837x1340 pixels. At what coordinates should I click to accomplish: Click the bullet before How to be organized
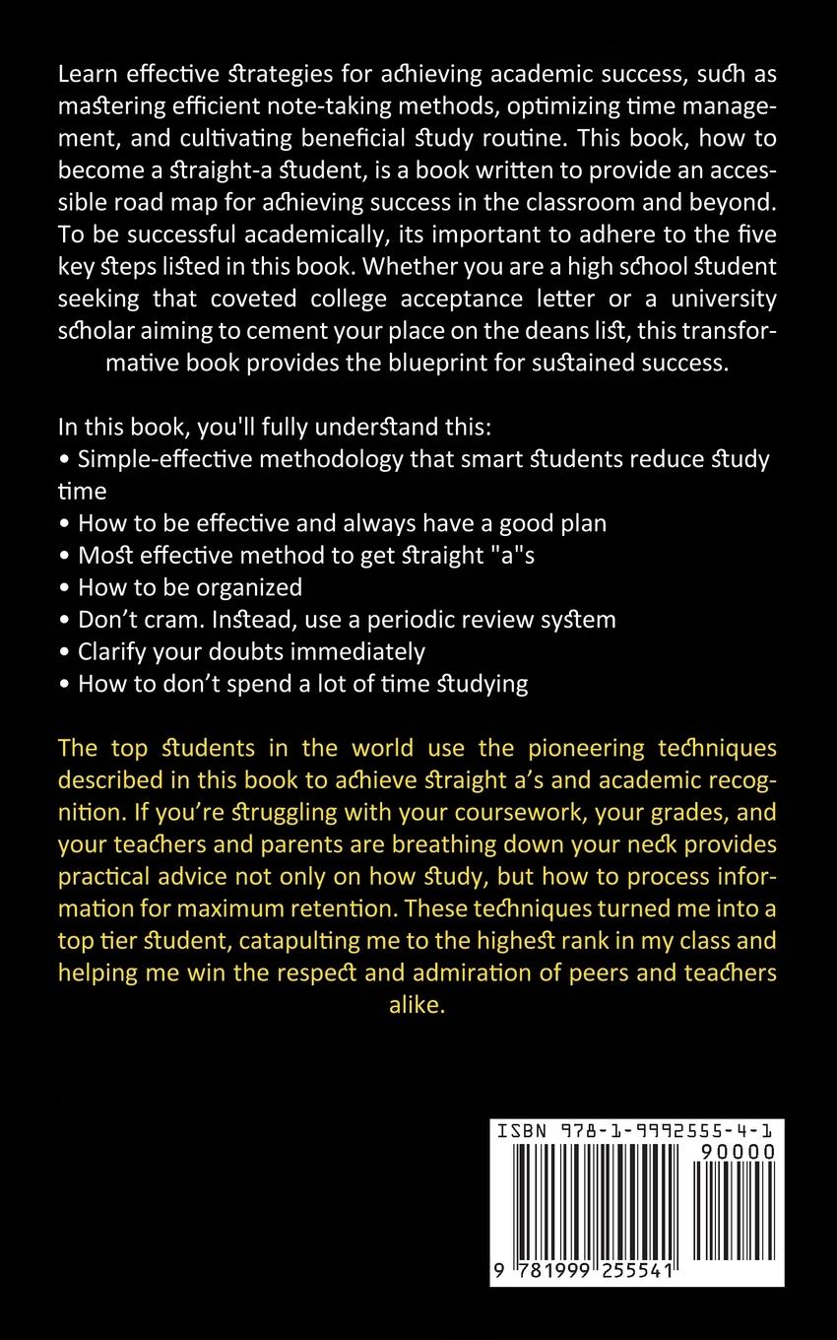[65, 588]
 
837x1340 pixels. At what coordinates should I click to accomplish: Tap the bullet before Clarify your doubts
[65, 652]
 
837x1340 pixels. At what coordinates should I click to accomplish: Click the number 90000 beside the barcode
[737, 1152]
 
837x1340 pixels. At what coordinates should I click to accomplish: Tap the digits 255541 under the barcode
[631, 1272]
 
